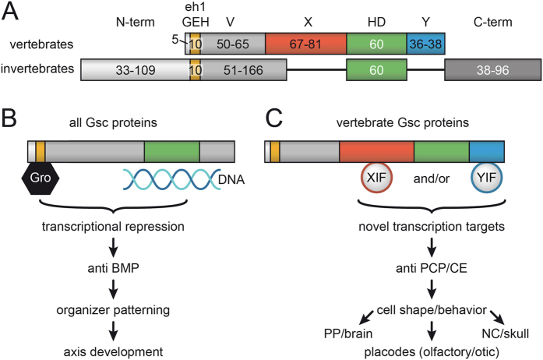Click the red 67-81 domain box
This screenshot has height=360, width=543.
305,44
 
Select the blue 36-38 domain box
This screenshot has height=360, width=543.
425,44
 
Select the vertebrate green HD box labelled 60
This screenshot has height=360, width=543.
376,44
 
